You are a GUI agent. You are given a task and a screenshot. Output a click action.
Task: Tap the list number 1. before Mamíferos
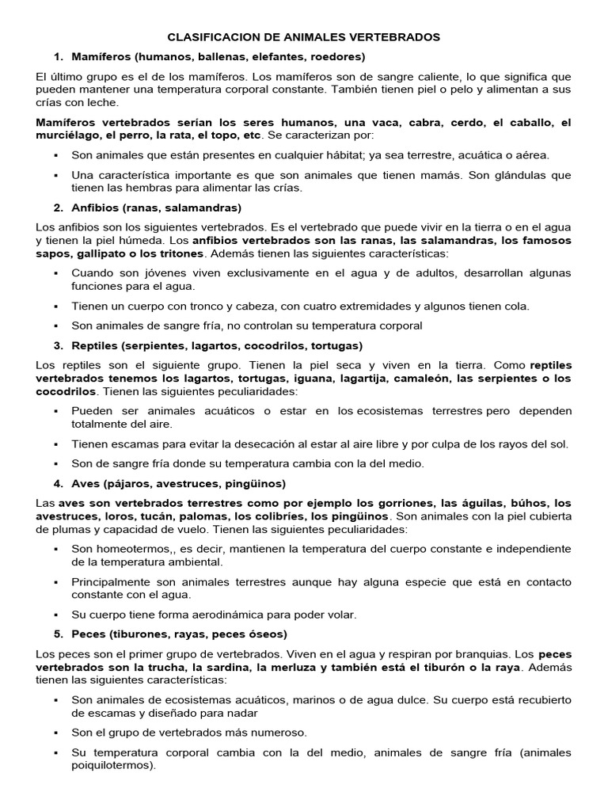[x=58, y=57]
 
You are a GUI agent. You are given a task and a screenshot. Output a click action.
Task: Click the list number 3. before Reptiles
[x=58, y=346]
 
